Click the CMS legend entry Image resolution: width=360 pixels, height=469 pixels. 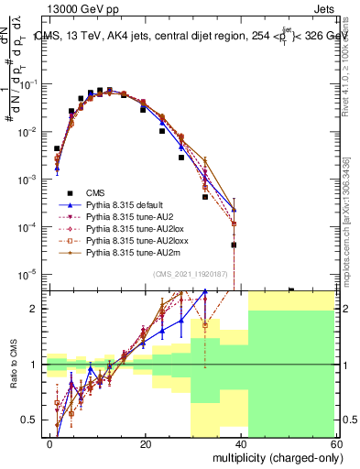(x=95, y=191)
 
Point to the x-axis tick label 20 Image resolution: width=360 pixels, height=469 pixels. (x=146, y=443)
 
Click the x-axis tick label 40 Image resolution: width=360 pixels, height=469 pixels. (x=241, y=443)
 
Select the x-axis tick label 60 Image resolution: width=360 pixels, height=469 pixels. (x=336, y=443)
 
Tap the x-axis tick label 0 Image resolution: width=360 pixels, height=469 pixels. (x=49, y=443)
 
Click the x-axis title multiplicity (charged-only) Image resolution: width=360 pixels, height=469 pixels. (x=272, y=457)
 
